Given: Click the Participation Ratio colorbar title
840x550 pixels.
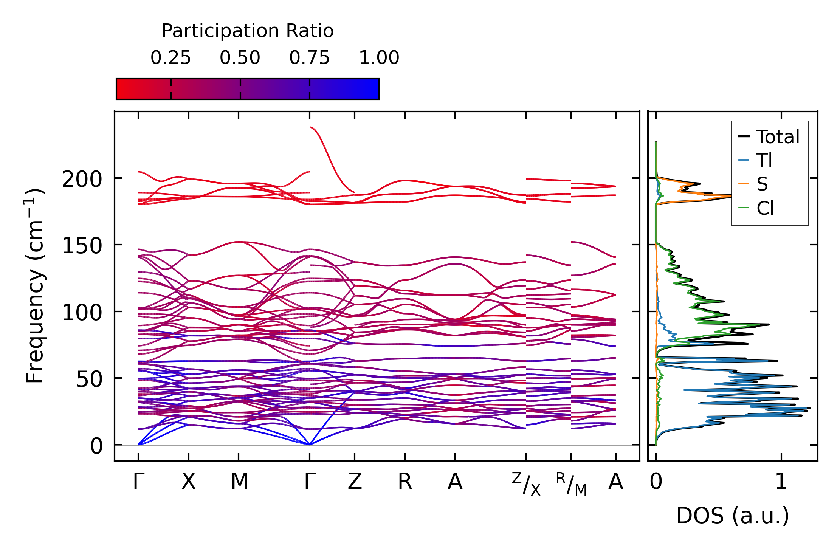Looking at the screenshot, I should click(248, 31).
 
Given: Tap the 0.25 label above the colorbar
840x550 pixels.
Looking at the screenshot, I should click(170, 58).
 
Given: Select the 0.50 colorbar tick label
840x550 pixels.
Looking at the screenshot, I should click(240, 58).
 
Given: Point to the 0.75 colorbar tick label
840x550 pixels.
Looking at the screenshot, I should click(310, 58).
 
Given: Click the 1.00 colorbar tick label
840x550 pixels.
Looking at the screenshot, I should click(379, 58).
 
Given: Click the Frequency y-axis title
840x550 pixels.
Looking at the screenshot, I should click(35, 286).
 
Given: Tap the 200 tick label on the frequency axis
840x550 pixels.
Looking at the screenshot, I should click(82, 179).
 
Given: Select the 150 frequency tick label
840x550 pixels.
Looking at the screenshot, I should click(82, 246).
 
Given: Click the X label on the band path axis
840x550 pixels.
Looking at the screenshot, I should click(188, 482).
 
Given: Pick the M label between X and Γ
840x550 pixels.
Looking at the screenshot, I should click(239, 482).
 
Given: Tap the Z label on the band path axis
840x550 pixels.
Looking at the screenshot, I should click(355, 482).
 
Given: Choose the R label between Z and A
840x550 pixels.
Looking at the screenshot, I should click(405, 482).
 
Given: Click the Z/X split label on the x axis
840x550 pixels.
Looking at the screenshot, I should click(526, 484).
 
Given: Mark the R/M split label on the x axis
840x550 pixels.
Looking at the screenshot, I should click(571, 484).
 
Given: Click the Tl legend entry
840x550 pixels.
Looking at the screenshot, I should click(764, 161).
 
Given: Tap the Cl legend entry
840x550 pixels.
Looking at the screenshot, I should click(765, 208).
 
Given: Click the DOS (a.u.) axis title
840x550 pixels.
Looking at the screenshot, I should click(733, 516).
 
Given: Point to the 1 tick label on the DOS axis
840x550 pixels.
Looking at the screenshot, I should click(781, 482).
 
